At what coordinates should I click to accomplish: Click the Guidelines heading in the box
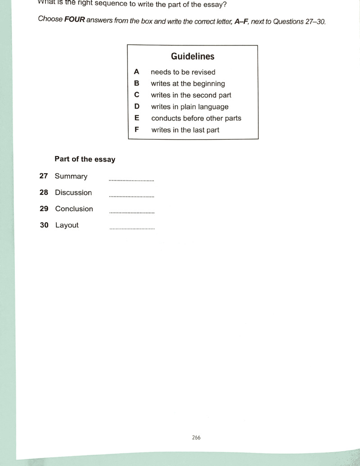(192, 56)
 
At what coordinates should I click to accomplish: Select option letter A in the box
(137, 72)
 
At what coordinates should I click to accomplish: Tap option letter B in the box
(137, 83)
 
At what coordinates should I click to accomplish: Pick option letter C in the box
(137, 95)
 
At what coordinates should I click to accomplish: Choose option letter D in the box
(137, 107)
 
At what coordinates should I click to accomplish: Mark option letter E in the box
(137, 118)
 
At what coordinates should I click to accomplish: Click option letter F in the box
(137, 130)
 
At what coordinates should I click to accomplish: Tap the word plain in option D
(190, 107)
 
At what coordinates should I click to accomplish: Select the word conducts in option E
(166, 118)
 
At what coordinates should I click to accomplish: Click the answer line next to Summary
(132, 180)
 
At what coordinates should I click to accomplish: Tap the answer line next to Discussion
(132, 196)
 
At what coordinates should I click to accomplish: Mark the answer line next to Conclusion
(132, 213)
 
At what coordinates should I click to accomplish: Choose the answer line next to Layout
(132, 229)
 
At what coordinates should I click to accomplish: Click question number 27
(44, 176)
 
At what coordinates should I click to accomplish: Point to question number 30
(44, 225)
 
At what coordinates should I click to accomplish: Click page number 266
(196, 437)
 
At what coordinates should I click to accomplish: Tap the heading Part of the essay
(85, 159)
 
